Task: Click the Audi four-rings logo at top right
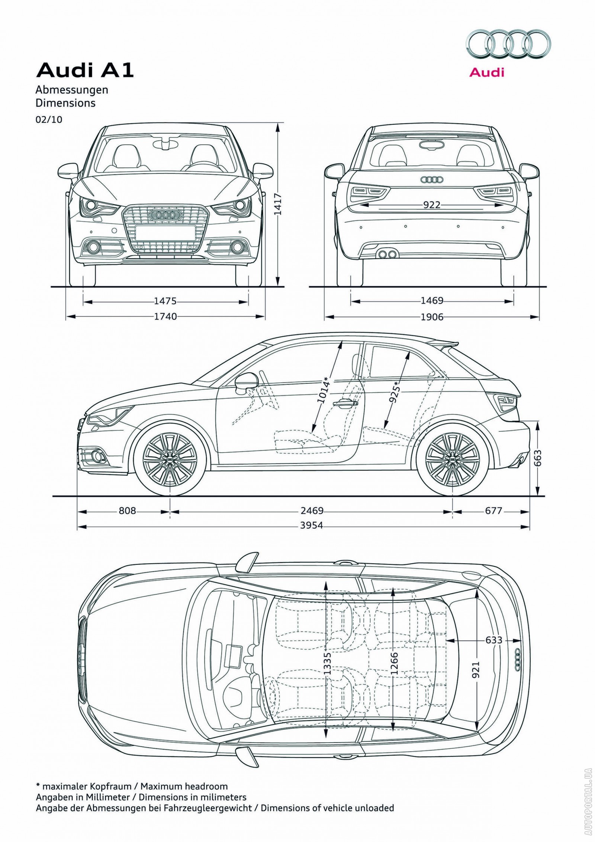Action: (509, 45)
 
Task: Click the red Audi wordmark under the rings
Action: (487, 72)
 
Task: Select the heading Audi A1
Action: (85, 70)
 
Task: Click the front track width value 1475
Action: (165, 301)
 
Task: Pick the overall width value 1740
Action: (165, 316)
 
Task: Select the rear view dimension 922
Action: (432, 205)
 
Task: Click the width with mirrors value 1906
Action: (432, 316)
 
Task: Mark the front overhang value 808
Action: (127, 511)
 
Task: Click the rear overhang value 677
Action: (493, 511)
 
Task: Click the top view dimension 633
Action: (494, 640)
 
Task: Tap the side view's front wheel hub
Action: (170, 460)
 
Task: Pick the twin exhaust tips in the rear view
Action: (387, 254)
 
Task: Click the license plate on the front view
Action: (165, 233)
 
